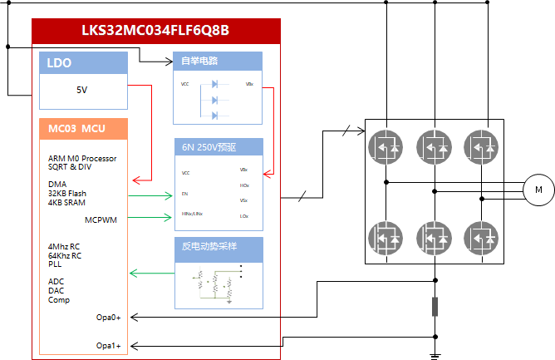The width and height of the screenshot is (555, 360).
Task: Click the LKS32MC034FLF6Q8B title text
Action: [155, 31]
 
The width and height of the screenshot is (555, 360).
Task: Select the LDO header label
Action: [59, 62]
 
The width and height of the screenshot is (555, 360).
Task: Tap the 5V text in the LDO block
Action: [81, 90]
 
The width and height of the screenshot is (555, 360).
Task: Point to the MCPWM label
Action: [102, 219]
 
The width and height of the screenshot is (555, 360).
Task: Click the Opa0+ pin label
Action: [108, 317]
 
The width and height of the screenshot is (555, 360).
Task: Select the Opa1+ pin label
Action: [108, 345]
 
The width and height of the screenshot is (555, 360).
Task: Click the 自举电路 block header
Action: [199, 61]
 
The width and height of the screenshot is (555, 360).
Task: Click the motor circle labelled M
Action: [538, 190]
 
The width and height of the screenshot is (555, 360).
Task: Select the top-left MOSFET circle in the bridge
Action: [384, 145]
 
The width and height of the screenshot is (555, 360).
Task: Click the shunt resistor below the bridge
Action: [434, 306]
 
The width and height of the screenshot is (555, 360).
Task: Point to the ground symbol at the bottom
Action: [434, 357]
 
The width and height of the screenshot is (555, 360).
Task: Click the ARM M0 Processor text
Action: [82, 158]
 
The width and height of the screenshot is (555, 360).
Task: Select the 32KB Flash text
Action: [67, 193]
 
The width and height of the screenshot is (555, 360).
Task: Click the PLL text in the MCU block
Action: [55, 264]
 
